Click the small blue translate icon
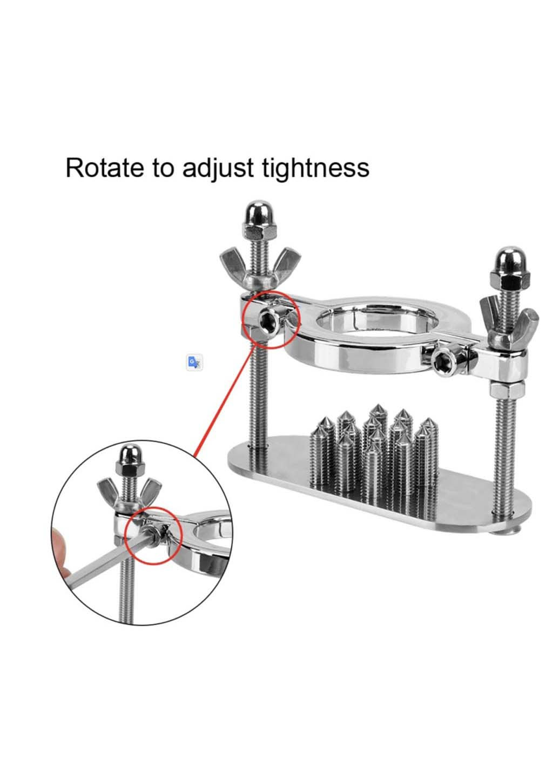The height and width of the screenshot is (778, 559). [x=194, y=362]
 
